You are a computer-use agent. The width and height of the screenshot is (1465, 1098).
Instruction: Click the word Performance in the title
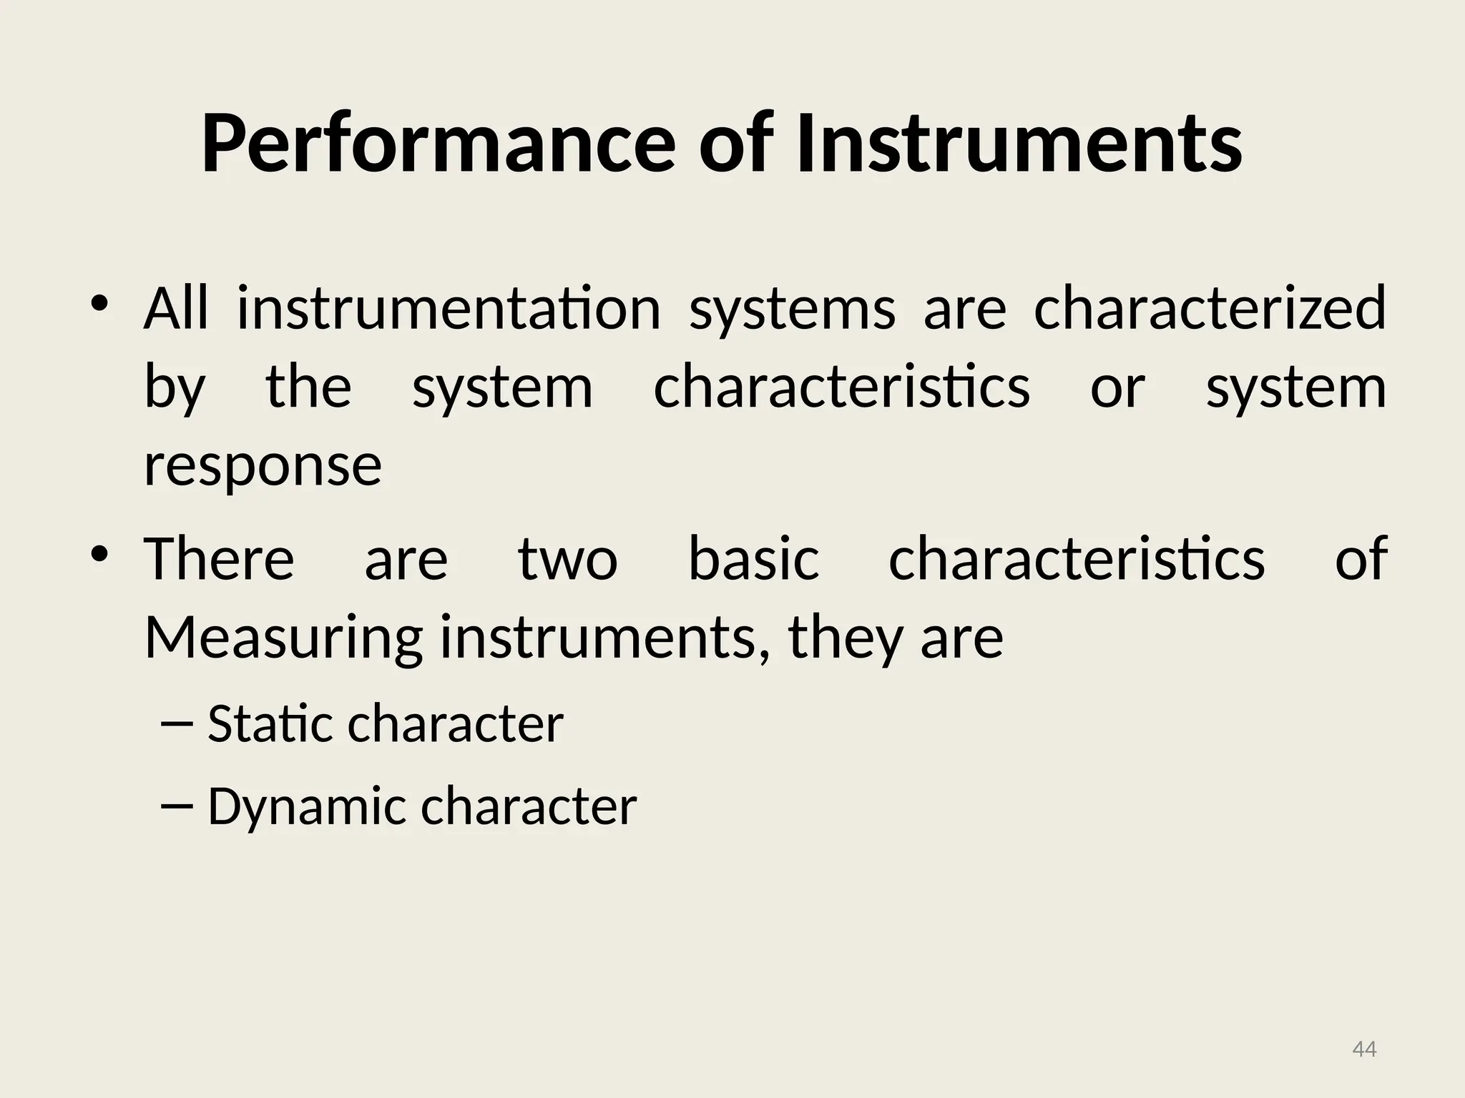(438, 144)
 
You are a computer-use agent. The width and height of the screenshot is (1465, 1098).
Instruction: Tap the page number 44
(1364, 1049)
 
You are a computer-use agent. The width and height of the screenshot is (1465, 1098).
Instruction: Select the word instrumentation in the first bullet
(449, 310)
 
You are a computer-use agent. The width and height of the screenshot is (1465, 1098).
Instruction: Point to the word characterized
(1210, 310)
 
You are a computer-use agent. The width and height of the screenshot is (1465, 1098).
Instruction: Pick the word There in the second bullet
(219, 558)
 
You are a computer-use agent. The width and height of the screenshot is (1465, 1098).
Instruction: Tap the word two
(567, 560)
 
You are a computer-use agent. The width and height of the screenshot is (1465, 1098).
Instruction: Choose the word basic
(753, 558)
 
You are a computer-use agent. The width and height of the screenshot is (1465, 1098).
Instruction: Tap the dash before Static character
(177, 724)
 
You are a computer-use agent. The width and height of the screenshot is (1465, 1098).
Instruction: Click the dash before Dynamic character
(177, 806)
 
